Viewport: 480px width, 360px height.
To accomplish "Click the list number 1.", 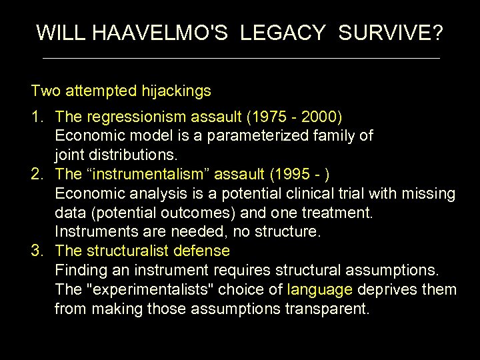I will point(37,117).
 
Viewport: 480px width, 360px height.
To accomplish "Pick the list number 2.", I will point(37,175).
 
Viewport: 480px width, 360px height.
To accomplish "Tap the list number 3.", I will point(37,251).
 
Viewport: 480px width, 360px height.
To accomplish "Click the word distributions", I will point(133,155).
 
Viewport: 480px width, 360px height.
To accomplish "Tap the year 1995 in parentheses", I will point(293,175).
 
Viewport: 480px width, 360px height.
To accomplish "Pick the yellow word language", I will point(320,290).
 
